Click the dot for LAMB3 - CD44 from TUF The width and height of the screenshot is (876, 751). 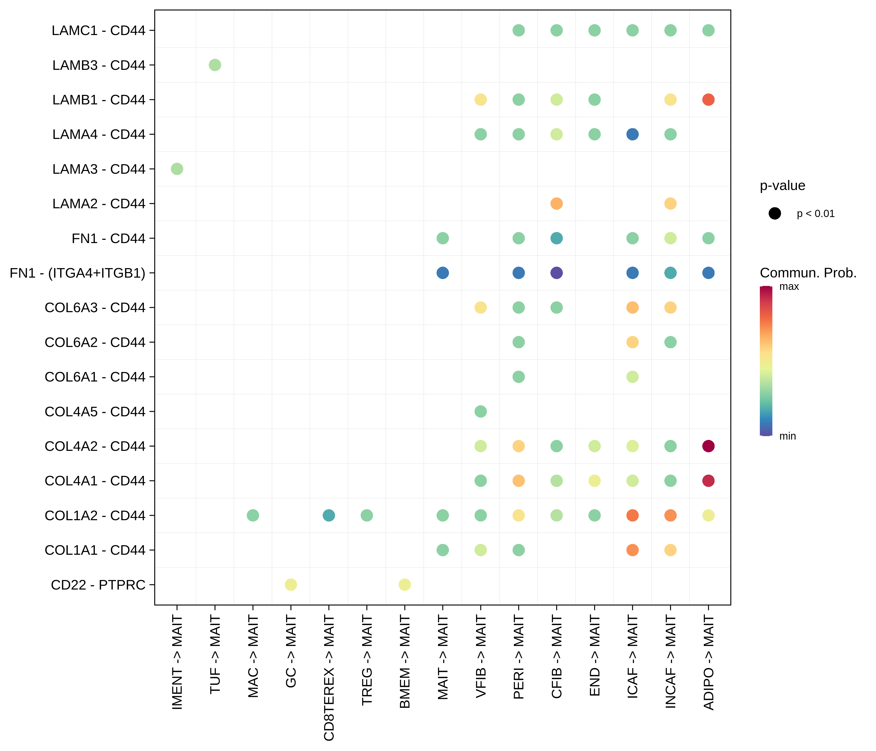pos(215,65)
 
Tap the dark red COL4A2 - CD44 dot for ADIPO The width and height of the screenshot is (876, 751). pos(708,446)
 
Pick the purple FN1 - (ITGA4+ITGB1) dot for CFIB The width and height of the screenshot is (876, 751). pos(556,273)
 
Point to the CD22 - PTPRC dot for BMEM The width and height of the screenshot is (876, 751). pos(405,585)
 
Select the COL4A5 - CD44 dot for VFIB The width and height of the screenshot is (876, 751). pos(480,412)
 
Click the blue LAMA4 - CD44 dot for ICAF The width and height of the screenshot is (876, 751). pos(632,134)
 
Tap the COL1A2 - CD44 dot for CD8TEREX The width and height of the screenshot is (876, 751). pos(328,515)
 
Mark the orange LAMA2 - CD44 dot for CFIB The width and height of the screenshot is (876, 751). pos(556,204)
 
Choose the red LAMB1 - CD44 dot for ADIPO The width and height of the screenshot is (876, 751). pos(708,100)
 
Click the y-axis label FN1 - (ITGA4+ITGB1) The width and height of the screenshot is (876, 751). pos(77,273)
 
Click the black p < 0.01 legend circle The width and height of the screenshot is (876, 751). pos(775,214)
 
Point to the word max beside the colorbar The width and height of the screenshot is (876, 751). pos(789,287)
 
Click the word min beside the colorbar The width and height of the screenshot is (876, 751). pos(787,436)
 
